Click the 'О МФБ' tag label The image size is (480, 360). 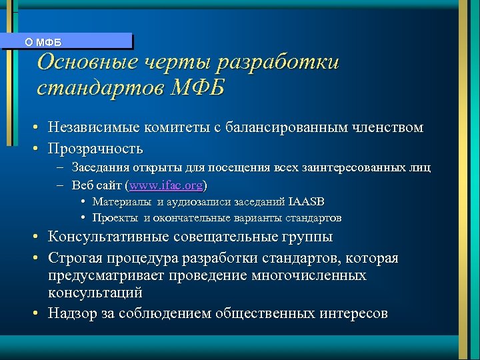tap(43, 42)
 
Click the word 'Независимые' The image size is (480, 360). tap(91, 127)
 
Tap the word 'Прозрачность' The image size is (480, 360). tap(95, 147)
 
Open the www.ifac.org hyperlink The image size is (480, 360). tap(167, 185)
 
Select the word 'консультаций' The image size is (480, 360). tap(95, 292)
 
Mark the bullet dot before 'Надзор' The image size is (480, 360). tap(40, 313)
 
